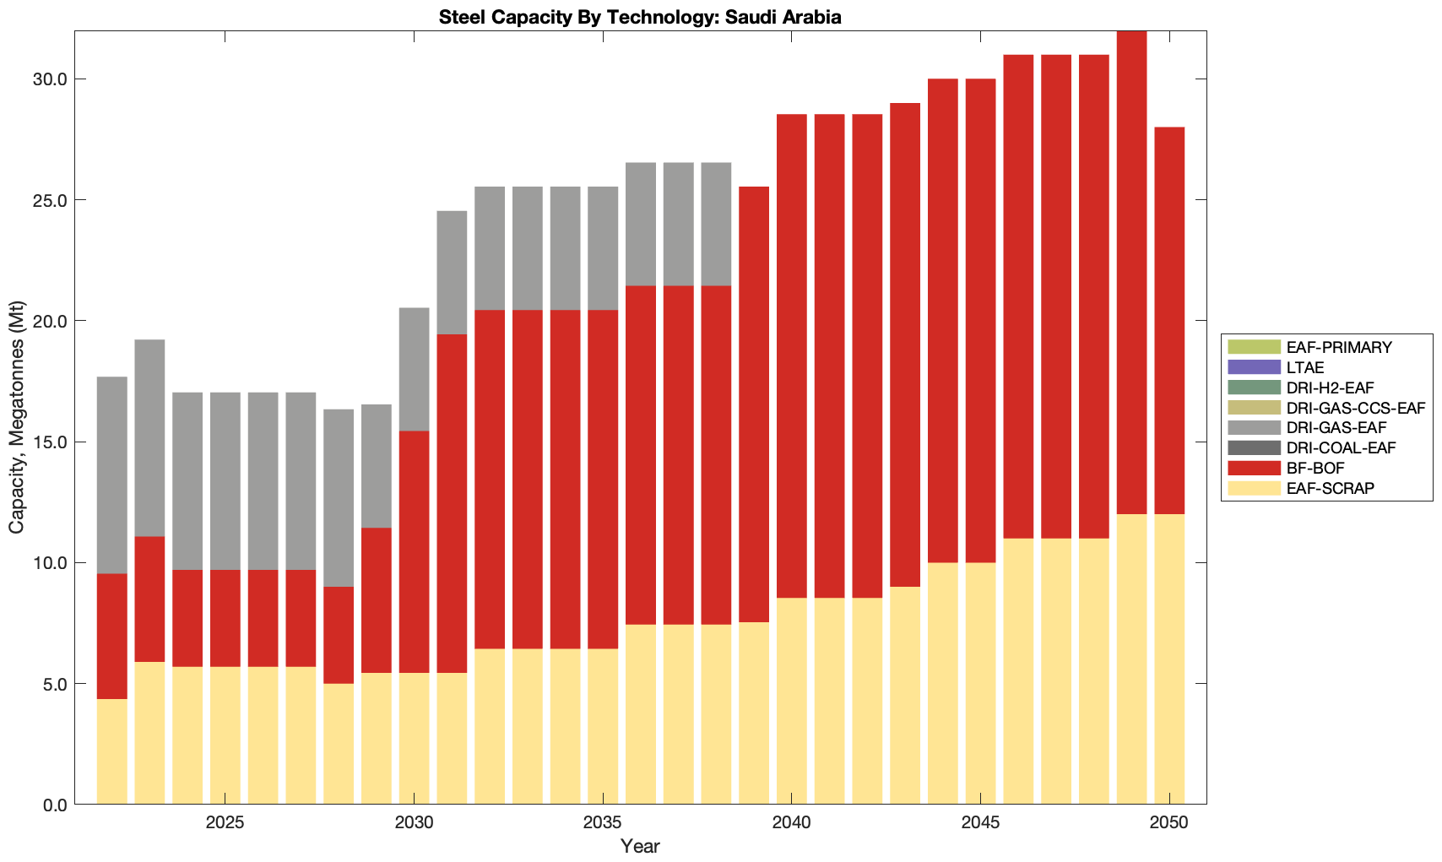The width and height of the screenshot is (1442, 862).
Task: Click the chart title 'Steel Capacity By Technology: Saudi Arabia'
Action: (640, 17)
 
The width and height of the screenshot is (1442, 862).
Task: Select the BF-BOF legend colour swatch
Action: (1254, 468)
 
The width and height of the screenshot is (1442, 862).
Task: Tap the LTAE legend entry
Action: (1305, 367)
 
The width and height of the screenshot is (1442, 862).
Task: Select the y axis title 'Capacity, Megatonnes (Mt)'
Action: (17, 417)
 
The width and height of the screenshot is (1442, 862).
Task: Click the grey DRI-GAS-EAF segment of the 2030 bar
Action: (414, 369)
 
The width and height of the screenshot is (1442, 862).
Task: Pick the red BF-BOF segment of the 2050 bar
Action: (1169, 321)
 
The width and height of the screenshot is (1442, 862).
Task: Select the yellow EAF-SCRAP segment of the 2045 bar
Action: (980, 683)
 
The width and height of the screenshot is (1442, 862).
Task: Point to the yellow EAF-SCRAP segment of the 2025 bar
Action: (225, 735)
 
